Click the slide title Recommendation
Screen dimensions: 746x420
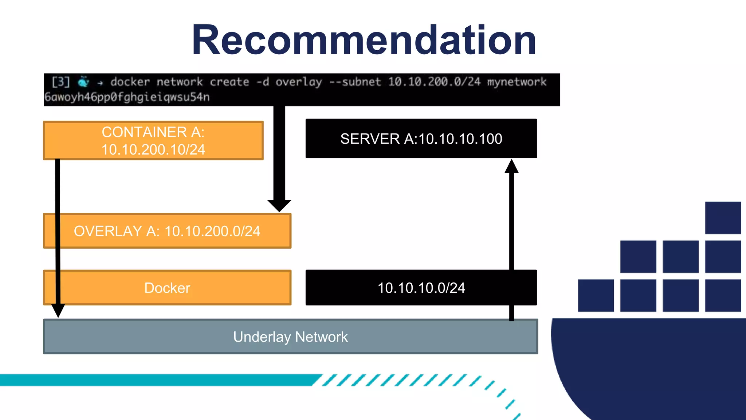(x=364, y=40)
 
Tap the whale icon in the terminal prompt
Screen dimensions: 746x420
(x=84, y=82)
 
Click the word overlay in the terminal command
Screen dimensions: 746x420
(x=299, y=82)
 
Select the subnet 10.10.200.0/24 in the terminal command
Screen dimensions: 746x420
(x=434, y=82)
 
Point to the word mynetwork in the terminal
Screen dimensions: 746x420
(x=517, y=82)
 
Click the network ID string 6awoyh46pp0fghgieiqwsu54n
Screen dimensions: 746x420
(x=127, y=97)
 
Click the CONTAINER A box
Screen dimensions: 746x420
(x=153, y=140)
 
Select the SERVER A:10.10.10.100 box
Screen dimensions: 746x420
(x=421, y=139)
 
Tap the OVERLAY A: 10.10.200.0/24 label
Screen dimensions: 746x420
(x=167, y=231)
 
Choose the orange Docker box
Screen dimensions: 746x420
(x=167, y=288)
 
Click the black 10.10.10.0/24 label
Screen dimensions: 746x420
(x=421, y=288)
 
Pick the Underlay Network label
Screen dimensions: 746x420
(x=290, y=337)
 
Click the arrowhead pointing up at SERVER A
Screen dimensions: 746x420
(x=511, y=166)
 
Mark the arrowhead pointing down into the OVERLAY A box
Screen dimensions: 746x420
(x=279, y=206)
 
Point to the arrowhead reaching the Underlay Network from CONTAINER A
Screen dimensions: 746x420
(x=58, y=311)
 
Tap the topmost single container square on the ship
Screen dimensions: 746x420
(x=723, y=218)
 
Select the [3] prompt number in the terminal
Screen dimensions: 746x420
(x=60, y=82)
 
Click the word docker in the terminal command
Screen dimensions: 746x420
(x=130, y=82)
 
